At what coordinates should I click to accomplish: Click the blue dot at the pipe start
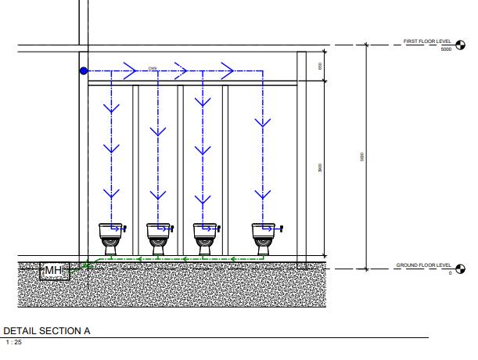(x=84, y=71)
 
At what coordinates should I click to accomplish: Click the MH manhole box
(x=54, y=271)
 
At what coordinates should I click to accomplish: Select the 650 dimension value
(x=321, y=66)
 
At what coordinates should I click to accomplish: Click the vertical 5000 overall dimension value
(x=362, y=157)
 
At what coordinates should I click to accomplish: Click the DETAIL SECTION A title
(x=47, y=331)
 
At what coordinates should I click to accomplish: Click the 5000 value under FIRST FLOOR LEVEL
(x=447, y=49)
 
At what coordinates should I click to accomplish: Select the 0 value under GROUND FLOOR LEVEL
(x=450, y=272)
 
